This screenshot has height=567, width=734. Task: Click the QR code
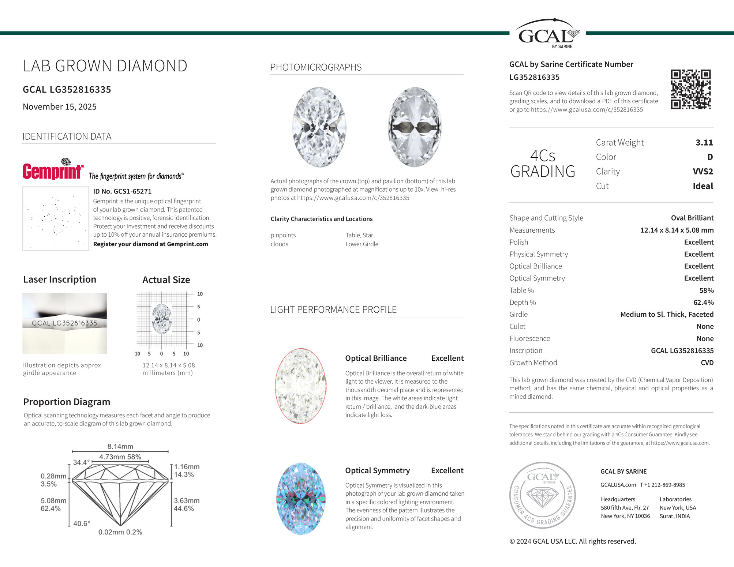pyautogui.click(x=690, y=90)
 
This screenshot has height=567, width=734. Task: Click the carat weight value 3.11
pyautogui.click(x=704, y=143)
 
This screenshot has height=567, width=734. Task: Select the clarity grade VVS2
pyautogui.click(x=703, y=172)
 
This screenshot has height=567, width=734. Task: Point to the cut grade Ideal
pyautogui.click(x=703, y=186)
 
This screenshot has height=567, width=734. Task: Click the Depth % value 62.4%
pyautogui.click(x=703, y=303)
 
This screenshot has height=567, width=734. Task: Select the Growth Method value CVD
pyautogui.click(x=707, y=363)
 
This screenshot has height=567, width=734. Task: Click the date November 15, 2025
pyautogui.click(x=60, y=107)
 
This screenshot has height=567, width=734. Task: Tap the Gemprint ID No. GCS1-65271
pyautogui.click(x=122, y=191)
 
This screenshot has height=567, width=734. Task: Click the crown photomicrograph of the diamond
pyautogui.click(x=319, y=127)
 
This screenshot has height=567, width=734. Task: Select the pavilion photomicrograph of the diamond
pyautogui.click(x=415, y=127)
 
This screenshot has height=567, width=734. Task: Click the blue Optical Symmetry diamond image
pyautogui.click(x=301, y=499)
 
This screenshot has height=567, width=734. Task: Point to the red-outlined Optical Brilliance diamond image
pyautogui.click(x=300, y=386)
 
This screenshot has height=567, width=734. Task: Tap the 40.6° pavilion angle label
pyautogui.click(x=82, y=523)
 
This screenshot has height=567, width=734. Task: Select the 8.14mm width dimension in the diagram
pyautogui.click(x=120, y=446)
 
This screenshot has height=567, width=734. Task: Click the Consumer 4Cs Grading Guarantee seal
pyautogui.click(x=543, y=495)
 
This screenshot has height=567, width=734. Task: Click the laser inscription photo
pyautogui.click(x=65, y=323)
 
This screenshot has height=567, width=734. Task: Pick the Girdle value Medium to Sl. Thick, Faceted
pyautogui.click(x=667, y=315)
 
